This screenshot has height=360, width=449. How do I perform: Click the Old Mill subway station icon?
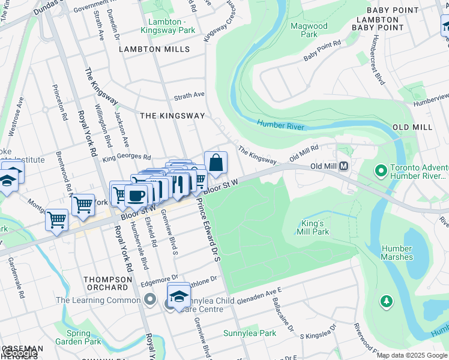pos(344,166)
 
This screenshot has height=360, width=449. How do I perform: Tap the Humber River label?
pos(281,125)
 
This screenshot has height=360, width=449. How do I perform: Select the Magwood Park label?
pos(309,30)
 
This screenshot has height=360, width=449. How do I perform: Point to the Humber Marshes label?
pos(396,252)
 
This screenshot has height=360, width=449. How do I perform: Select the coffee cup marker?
pos(136,195)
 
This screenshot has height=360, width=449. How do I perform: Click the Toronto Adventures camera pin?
pos(380,172)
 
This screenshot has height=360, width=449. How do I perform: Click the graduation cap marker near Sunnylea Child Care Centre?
pos(179,296)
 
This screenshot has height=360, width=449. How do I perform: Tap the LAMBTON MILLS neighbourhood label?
pos(154,49)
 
